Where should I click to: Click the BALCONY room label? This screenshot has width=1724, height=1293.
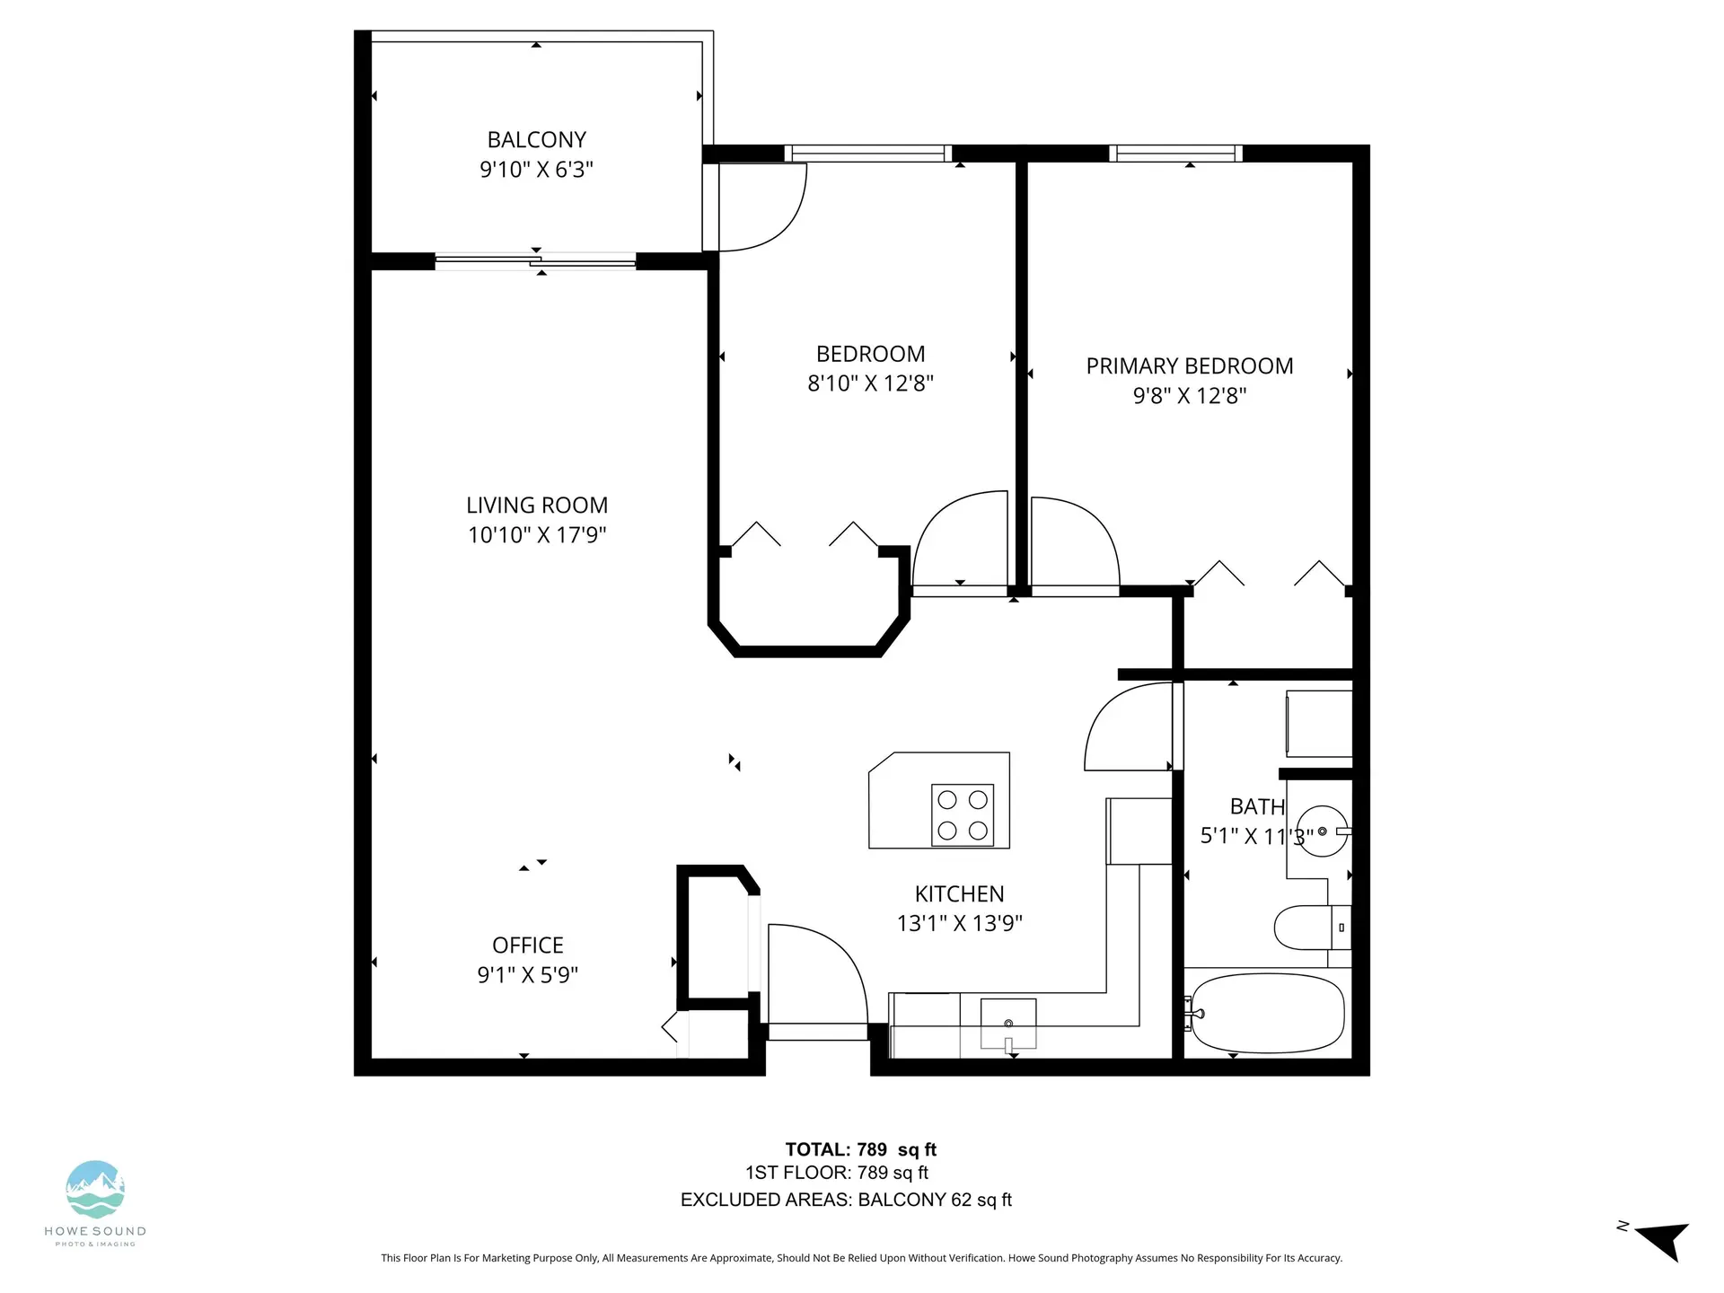tap(536, 140)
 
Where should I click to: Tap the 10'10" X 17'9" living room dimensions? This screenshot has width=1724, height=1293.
tap(537, 535)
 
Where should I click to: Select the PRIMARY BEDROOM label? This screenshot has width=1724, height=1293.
tap(1189, 366)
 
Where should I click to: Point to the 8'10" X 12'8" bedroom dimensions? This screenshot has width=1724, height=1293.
tap(870, 383)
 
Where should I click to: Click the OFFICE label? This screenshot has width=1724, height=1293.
tap(527, 946)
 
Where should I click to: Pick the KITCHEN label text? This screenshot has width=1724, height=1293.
tap(959, 894)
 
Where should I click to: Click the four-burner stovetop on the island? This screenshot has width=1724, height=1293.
tap(962, 814)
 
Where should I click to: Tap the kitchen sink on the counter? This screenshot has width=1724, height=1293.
tap(1007, 1024)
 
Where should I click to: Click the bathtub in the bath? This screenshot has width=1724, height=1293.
tap(1266, 1014)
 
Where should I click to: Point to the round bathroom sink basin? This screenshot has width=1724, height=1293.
tap(1324, 831)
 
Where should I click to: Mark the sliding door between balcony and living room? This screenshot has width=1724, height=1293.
tap(536, 262)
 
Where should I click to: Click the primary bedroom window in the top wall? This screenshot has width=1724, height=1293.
tap(1175, 154)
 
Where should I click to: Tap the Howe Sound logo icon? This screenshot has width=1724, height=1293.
tap(95, 1190)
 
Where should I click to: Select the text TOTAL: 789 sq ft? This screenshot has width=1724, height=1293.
tap(860, 1149)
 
